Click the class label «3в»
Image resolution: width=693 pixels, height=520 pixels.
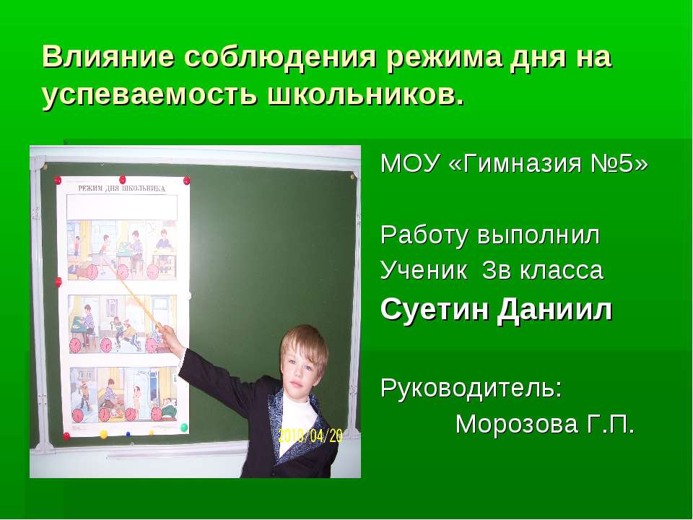click(x=499, y=271)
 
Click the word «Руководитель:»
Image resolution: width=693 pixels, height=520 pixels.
click(x=471, y=387)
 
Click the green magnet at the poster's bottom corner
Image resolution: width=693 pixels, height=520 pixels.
click(x=183, y=428)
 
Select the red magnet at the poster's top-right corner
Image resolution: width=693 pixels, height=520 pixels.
click(x=187, y=178)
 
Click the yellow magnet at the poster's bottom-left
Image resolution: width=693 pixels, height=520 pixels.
click(x=103, y=433)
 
